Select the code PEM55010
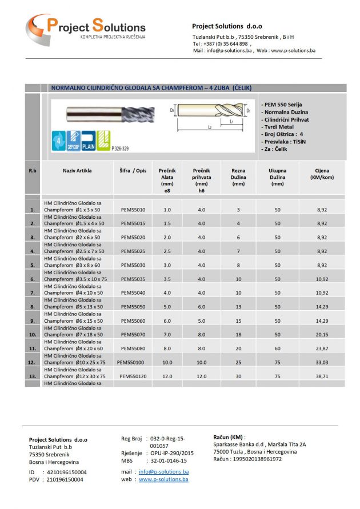[133, 210]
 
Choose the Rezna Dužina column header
[238, 174]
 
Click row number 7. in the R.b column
[32, 293]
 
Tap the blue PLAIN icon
[87, 141]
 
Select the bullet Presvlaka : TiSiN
[284, 141]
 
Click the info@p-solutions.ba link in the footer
[163, 472]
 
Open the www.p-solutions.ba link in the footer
[163, 479]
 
